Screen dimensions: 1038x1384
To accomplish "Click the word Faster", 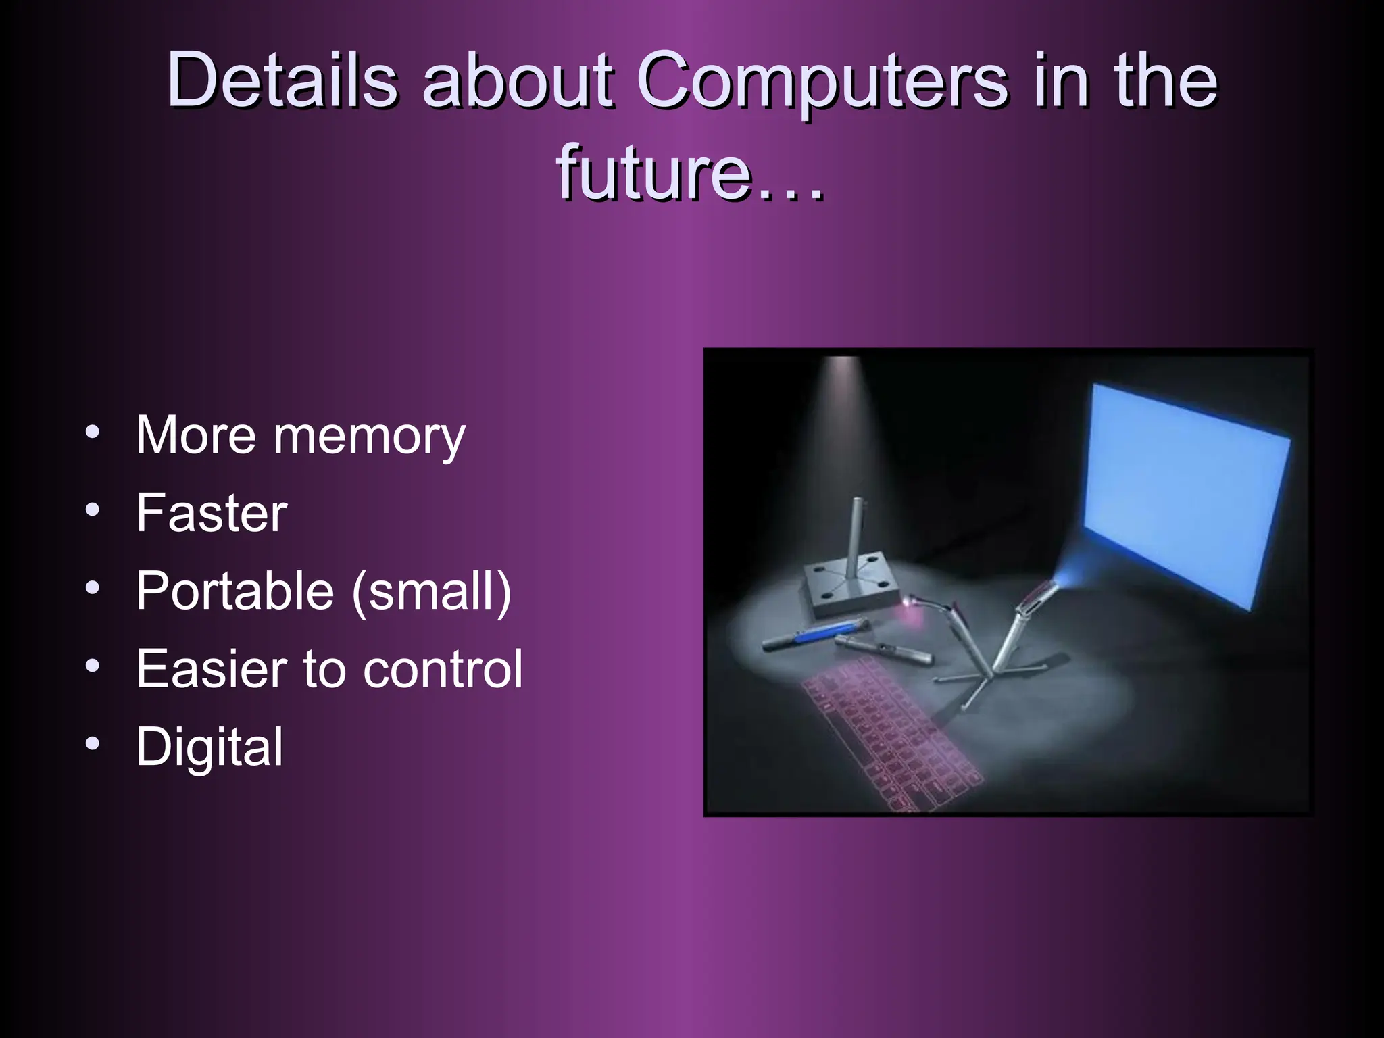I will click(212, 513).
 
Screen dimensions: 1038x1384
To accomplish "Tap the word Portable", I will click(234, 591).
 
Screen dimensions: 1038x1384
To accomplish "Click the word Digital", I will click(209, 747).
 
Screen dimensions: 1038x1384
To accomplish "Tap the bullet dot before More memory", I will click(93, 432).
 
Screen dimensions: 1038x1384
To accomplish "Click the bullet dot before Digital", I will click(93, 744).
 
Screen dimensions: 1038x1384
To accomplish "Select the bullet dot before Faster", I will click(93, 510).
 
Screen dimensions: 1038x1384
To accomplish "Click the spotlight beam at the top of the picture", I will click(843, 405).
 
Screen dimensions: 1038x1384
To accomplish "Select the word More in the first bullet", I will click(195, 435).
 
